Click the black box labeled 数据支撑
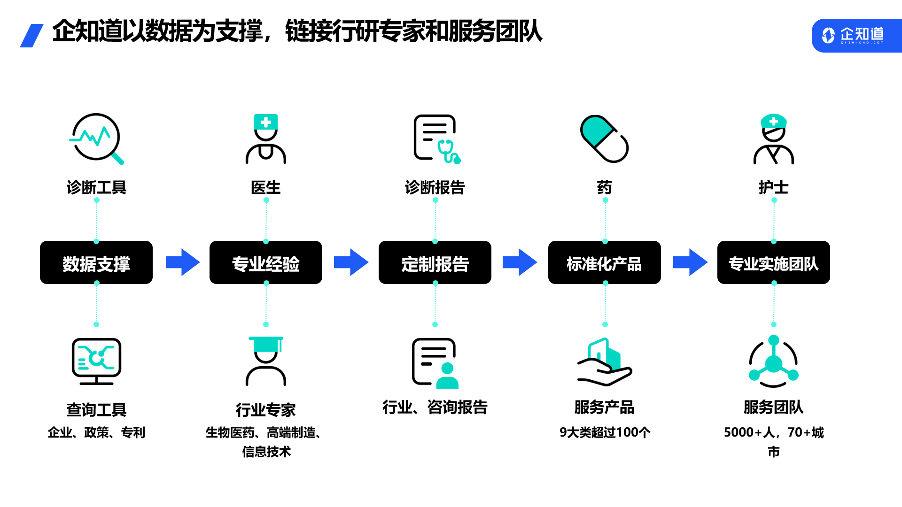(x=96, y=262)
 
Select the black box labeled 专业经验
(x=266, y=262)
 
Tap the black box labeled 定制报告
(x=435, y=262)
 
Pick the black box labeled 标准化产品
(x=605, y=262)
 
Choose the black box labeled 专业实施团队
(x=774, y=262)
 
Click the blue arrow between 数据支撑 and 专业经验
(x=183, y=262)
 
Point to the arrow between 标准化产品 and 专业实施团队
(x=690, y=262)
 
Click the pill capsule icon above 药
(x=605, y=139)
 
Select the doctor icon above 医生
(x=266, y=139)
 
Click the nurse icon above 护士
(x=774, y=139)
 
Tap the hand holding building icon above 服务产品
(x=605, y=361)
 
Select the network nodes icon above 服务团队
(x=774, y=361)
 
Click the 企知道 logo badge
(x=856, y=35)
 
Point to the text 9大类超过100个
(x=605, y=432)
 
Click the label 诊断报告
(x=435, y=188)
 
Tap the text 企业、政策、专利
(x=96, y=432)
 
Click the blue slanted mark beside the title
(x=32, y=36)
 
